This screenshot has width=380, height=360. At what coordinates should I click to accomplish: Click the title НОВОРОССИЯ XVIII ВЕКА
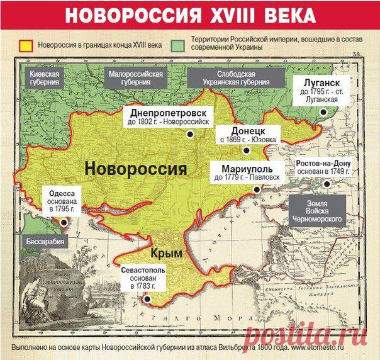point(189,16)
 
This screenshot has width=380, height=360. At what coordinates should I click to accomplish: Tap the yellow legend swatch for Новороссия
point(26,46)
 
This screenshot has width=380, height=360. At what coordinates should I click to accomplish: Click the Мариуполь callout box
point(238,173)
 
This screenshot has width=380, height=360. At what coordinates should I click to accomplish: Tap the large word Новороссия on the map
point(135,169)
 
